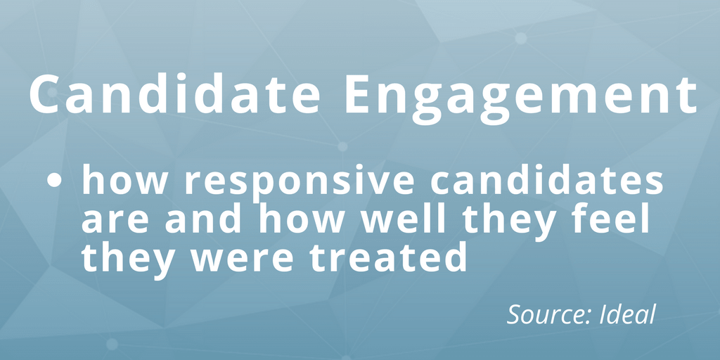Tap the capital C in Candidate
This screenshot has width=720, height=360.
(45, 94)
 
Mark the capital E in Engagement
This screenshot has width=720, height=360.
(360, 94)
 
